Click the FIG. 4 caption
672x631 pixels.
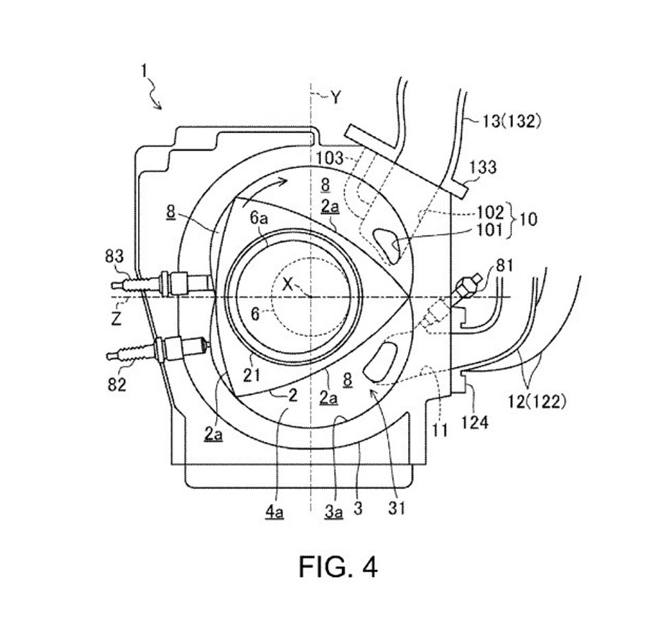(337, 567)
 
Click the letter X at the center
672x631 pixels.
(288, 287)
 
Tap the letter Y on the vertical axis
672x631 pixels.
(335, 98)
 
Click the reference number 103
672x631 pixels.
(331, 158)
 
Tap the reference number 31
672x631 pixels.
(396, 508)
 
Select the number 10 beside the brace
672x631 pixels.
(529, 220)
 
